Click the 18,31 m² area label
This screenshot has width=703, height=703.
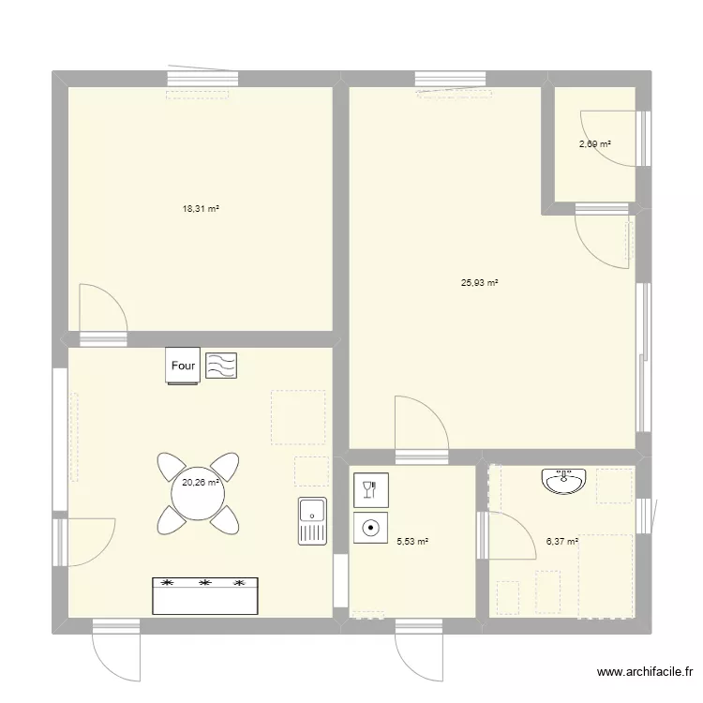[200, 209]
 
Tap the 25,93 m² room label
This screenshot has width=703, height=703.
[479, 282]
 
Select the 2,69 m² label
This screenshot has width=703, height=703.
[594, 144]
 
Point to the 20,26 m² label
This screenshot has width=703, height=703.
[200, 483]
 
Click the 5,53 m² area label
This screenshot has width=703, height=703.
[412, 541]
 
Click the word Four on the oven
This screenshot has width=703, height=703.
[183, 366]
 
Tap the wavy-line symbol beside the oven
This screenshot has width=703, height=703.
[221, 366]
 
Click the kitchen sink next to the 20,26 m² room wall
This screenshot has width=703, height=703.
[312, 521]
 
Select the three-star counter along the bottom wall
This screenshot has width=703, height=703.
[204, 595]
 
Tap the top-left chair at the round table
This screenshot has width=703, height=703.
[172, 466]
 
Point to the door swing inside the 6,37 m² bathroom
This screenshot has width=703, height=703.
[510, 536]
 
